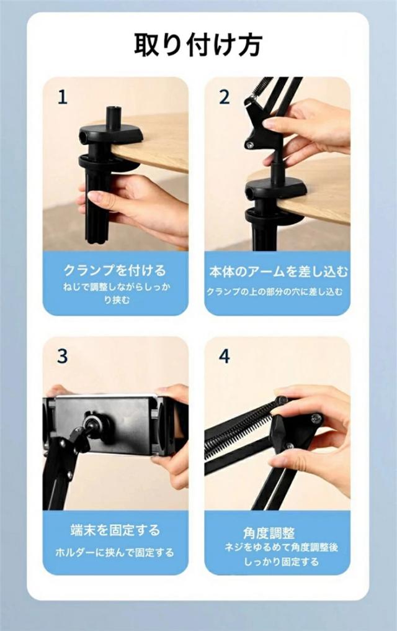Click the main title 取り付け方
[x=198, y=44]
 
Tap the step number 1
[x=62, y=98]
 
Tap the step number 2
[x=224, y=98]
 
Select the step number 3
[x=62, y=356]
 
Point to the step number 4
[x=224, y=356]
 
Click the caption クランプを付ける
[x=115, y=270]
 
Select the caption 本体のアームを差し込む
[x=278, y=272]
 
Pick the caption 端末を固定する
[x=115, y=530]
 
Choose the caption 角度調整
[x=269, y=533]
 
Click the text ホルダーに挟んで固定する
[x=115, y=552]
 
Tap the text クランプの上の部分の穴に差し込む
[x=275, y=291]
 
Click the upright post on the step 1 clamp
[x=111, y=117]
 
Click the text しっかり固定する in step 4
[x=281, y=562]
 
